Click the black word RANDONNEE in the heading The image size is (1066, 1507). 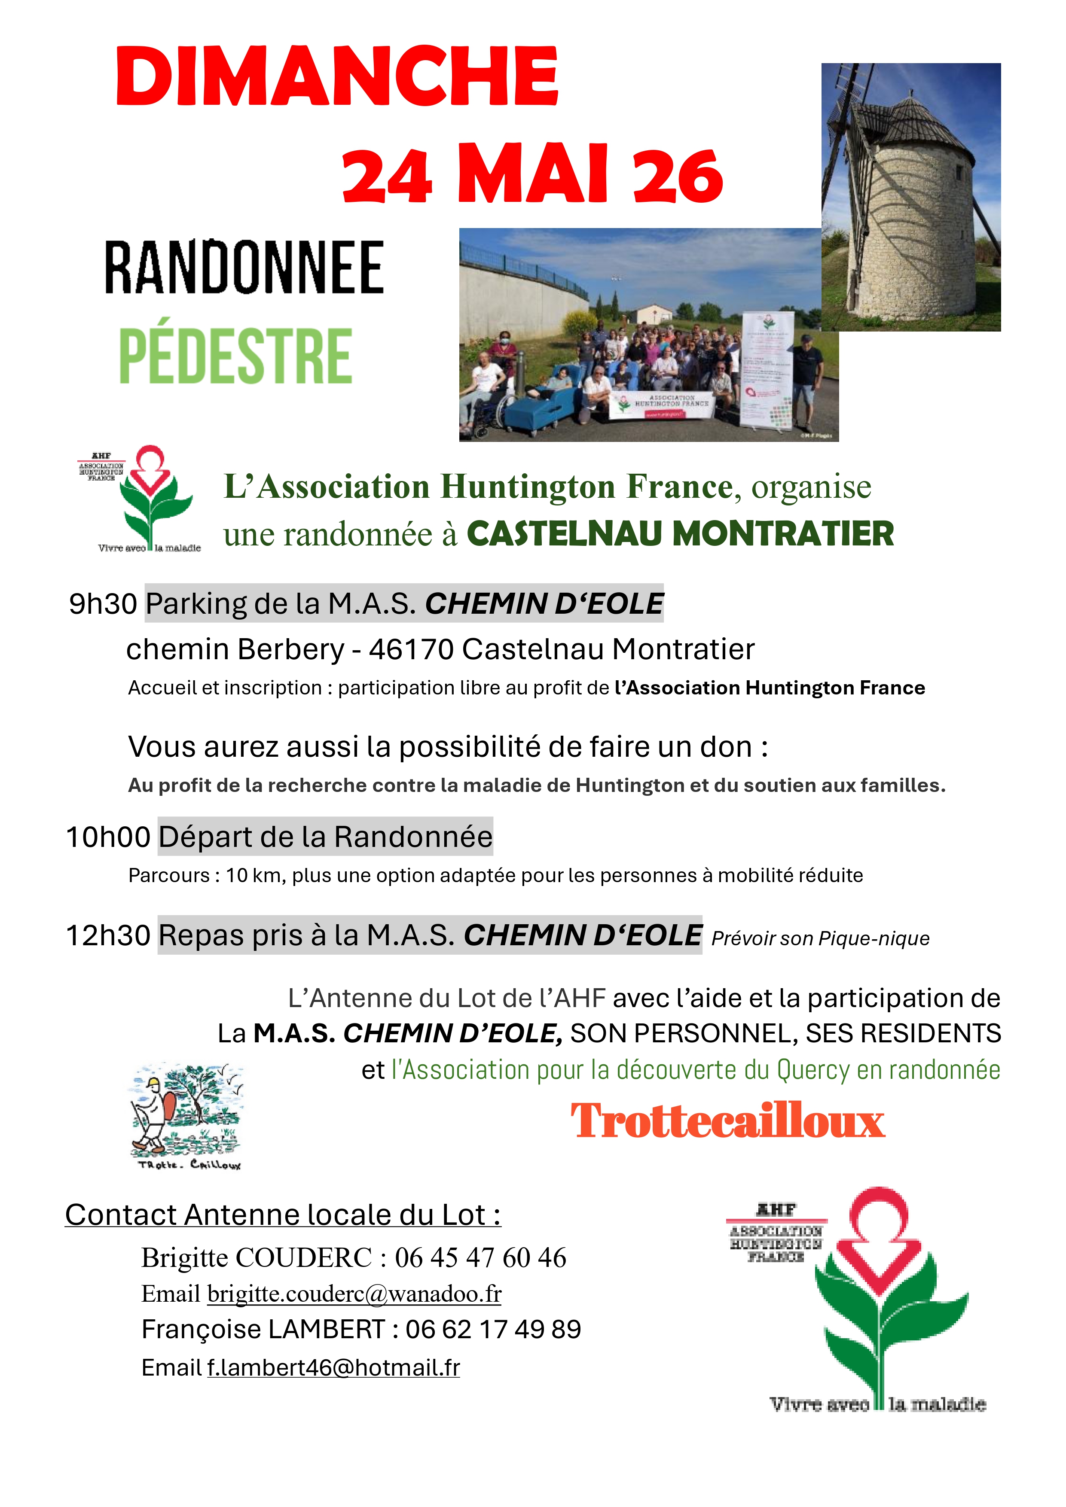(244, 268)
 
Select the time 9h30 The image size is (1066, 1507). (103, 604)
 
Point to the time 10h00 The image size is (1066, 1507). (108, 837)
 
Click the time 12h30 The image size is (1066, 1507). (108, 935)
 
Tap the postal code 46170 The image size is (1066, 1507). (411, 650)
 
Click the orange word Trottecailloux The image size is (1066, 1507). (727, 1122)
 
